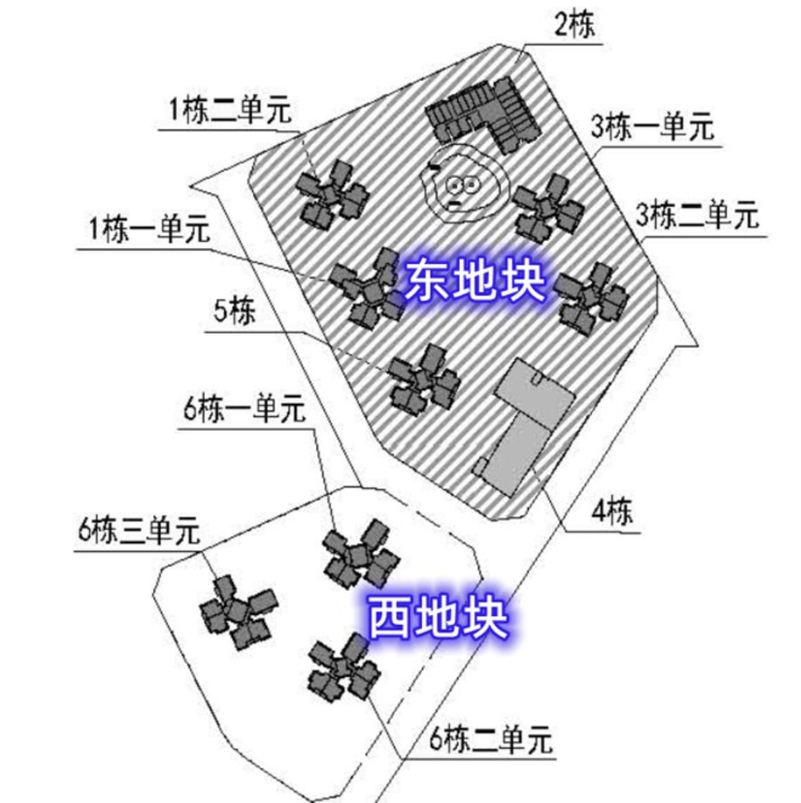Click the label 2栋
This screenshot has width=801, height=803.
pos(574,26)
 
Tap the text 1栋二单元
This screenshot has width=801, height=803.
pos(228,111)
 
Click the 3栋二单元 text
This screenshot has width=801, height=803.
pos(697,216)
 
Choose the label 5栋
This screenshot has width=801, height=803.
pos(235,312)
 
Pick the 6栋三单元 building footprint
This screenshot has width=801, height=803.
pos(236,610)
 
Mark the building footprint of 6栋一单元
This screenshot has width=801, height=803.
pos(360,554)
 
